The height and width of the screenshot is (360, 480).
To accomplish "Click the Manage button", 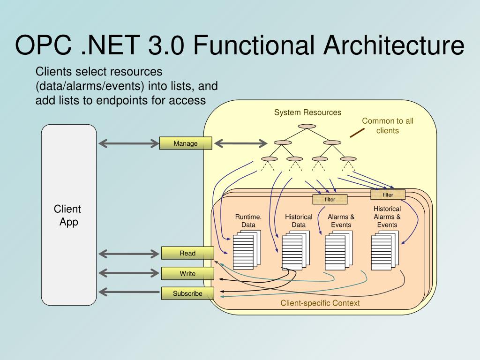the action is tap(186, 143).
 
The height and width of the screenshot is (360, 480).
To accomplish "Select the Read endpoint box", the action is tap(187, 253).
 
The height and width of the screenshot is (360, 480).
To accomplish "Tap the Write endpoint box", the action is tap(187, 273).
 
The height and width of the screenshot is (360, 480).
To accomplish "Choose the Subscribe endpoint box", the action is tap(187, 293).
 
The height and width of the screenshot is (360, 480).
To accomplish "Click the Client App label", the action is tap(67, 215).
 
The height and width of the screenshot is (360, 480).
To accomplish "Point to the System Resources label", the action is tap(307, 112).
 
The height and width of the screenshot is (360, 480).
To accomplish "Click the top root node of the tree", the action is tap(307, 126).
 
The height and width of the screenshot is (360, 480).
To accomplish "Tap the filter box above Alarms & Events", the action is tap(330, 199).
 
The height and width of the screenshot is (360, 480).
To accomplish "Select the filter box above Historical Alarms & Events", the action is tap(388, 195).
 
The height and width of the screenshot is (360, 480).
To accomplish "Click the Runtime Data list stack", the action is tap(247, 250).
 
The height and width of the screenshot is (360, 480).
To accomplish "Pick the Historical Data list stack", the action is tap(296, 250).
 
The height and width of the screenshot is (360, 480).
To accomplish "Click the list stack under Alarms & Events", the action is tap(339, 250).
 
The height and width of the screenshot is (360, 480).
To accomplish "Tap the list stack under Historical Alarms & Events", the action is tap(385, 250).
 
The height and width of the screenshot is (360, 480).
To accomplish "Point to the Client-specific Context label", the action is tap(320, 303).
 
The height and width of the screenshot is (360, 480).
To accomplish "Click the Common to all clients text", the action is tap(388, 126).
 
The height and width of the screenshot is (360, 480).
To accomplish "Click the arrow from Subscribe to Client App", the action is tap(129, 292).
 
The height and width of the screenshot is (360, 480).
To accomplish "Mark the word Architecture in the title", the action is tap(394, 45).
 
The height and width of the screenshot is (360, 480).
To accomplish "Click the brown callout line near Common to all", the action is tap(357, 133).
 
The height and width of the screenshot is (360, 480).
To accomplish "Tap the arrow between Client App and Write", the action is tap(129, 273).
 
